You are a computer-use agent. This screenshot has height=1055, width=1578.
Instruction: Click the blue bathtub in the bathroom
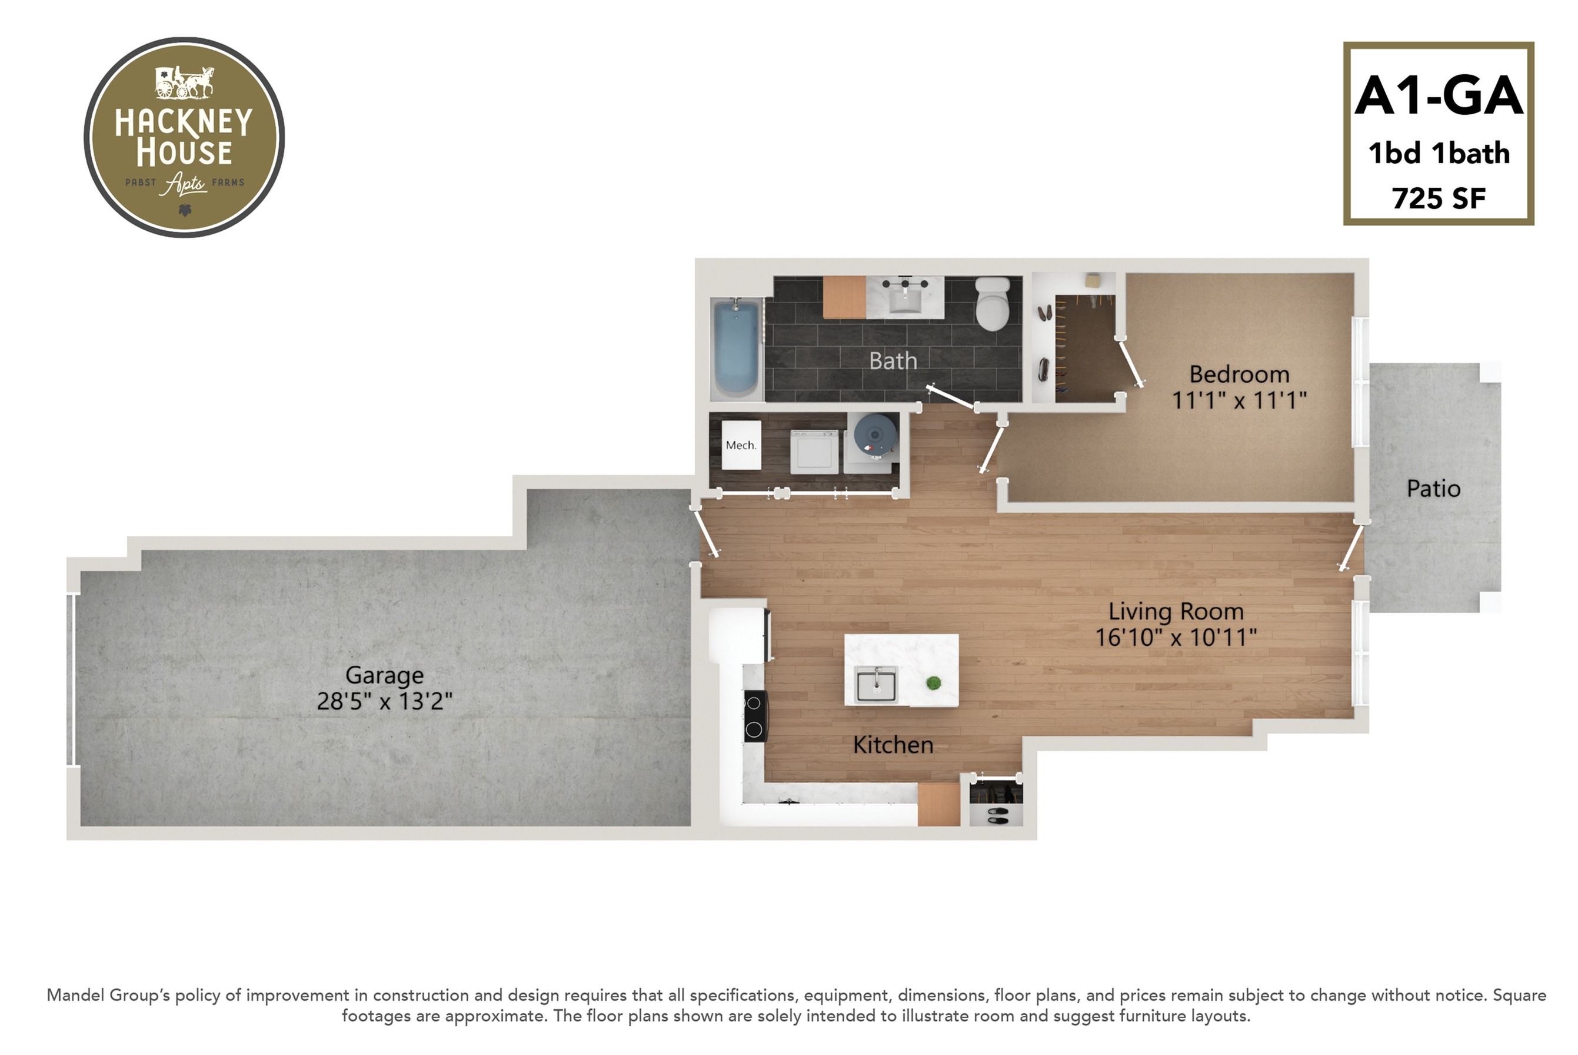pos(737,348)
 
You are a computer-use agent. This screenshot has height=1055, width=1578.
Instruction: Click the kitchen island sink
pos(876,685)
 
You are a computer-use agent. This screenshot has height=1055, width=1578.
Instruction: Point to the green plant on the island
pos(933,684)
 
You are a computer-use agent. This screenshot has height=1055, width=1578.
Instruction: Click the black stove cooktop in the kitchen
pos(755,716)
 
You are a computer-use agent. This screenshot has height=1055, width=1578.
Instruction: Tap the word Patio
pos(1433,489)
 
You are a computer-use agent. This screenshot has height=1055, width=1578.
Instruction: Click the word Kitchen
pos(893,745)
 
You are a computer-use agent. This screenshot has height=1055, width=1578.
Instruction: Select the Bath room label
pos(893,361)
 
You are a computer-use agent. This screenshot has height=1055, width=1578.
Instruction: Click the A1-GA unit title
pos(1438,96)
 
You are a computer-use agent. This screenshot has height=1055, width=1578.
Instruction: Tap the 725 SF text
pos(1438,198)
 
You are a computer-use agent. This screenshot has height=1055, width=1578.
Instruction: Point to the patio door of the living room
pos(1351,548)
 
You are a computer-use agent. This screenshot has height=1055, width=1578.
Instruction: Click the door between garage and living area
pos(705,532)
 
